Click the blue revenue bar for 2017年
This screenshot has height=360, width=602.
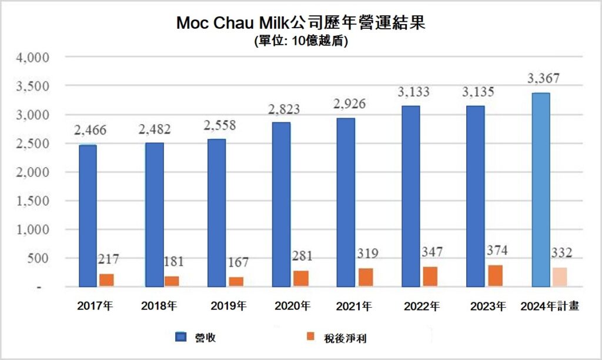click(88, 216)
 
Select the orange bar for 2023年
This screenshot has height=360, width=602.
click(495, 276)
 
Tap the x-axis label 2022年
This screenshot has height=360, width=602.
click(421, 306)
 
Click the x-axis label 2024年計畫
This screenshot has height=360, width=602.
click(550, 306)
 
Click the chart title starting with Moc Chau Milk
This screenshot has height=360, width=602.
click(301, 24)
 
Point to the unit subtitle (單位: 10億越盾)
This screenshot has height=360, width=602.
click(301, 41)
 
